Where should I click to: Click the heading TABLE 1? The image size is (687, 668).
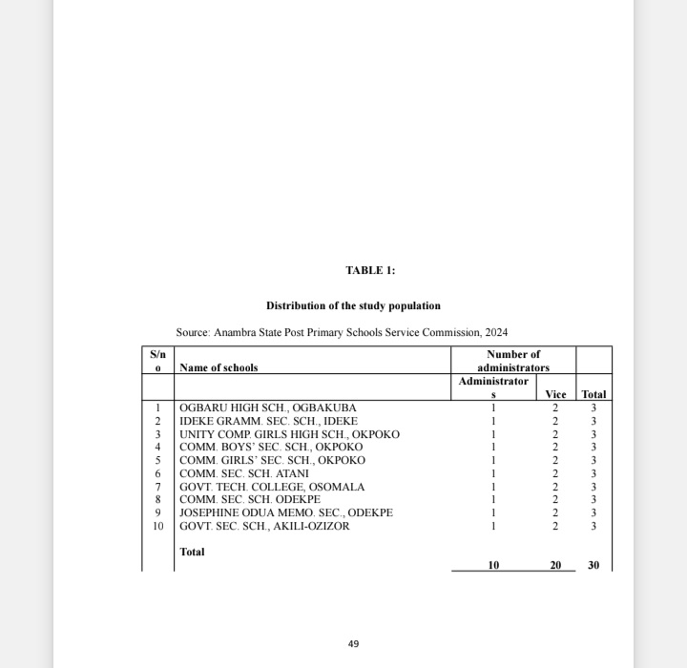point(370,271)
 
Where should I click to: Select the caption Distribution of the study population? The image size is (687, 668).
point(353,306)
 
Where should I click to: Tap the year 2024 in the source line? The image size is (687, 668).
point(496,332)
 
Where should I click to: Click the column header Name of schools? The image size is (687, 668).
point(219,367)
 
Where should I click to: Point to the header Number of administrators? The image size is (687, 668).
point(513,361)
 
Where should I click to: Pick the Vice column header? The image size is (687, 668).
point(555,394)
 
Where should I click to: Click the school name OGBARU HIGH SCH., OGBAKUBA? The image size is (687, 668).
point(268,408)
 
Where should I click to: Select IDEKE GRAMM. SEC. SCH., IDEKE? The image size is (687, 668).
point(268,421)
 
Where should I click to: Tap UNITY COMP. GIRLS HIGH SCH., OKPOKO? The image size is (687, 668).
point(289,434)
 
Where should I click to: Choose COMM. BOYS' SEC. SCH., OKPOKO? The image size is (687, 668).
point(271,447)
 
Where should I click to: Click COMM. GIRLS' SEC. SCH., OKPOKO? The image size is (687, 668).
point(272,460)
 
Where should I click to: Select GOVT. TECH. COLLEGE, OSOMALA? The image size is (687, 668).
point(272,487)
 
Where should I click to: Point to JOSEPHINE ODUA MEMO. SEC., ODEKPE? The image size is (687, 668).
point(286,512)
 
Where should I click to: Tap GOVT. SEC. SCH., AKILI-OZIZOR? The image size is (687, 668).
point(264,526)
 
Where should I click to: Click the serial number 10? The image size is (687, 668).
point(157,526)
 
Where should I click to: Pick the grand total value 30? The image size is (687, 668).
point(593,566)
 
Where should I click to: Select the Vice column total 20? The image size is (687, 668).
point(555,566)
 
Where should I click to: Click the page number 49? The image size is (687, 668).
point(353,644)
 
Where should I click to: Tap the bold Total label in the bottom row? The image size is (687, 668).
point(192,552)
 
